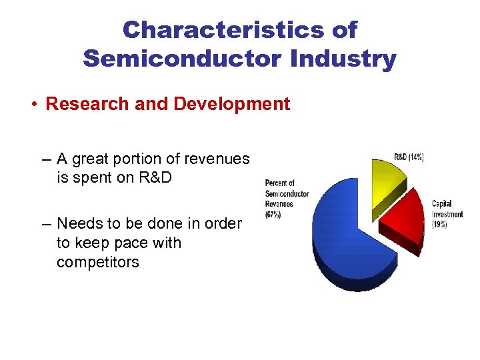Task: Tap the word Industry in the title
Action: coord(343,59)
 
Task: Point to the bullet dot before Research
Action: coord(33,105)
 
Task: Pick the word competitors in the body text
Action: coord(98,262)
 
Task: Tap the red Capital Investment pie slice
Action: coord(403,220)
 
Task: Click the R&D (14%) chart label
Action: coord(409,157)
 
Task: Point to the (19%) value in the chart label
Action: coord(439,225)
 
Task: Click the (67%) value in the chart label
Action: coord(273,215)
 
